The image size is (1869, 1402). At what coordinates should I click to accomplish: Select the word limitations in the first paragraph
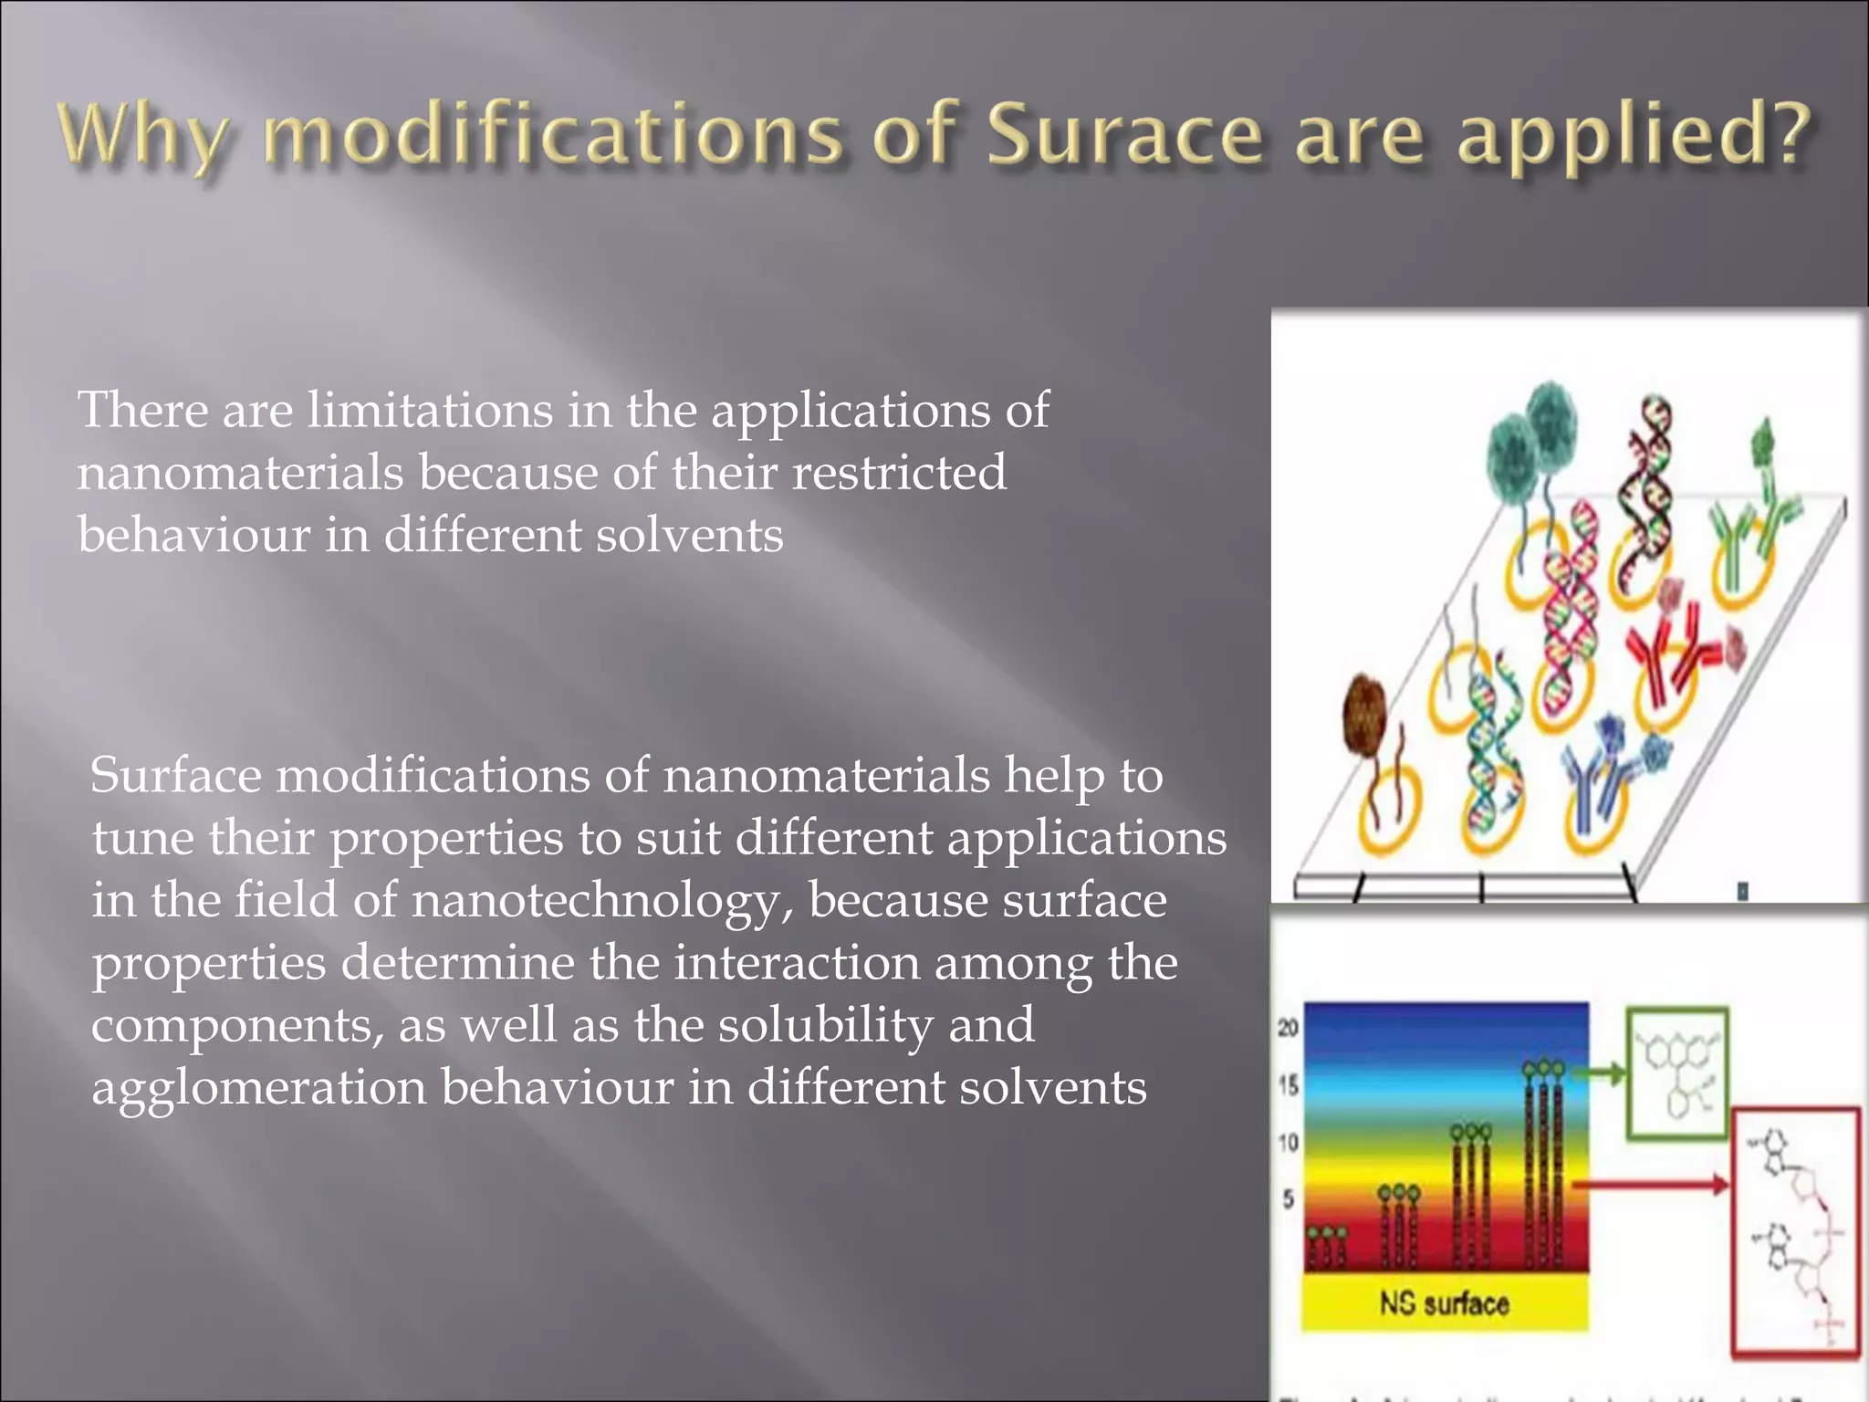tap(429, 410)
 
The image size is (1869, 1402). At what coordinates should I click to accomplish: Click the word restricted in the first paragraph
tap(899, 473)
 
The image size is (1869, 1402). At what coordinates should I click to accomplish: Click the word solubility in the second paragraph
tap(825, 1025)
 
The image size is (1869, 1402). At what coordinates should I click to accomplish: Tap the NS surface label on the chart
tap(1444, 1303)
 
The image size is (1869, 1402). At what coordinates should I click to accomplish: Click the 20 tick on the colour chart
tap(1288, 1029)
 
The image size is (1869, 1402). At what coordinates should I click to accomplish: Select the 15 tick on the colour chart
tap(1288, 1085)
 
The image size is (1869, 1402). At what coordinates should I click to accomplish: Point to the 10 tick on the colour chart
tap(1288, 1142)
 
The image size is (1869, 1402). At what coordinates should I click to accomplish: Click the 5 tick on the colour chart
tap(1289, 1198)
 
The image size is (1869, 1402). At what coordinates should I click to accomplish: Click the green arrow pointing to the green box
tap(1601, 1074)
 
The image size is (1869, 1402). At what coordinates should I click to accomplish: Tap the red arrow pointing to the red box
tap(1652, 1186)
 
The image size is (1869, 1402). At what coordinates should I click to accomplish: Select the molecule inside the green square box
tap(1677, 1074)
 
